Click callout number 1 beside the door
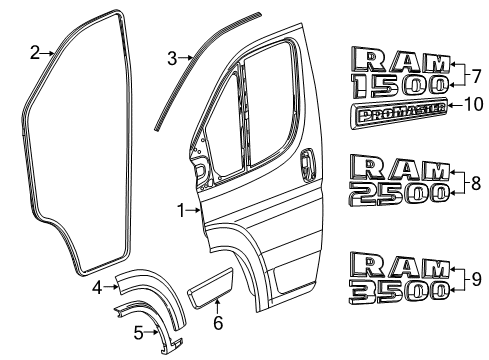[182, 210]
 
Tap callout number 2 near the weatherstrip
[34, 52]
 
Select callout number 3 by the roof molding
[172, 57]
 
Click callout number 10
[474, 103]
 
